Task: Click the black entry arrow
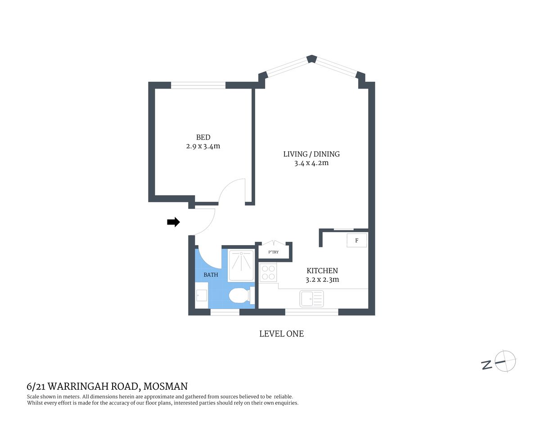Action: coord(173,222)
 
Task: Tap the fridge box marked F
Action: coord(357,240)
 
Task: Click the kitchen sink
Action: coord(311,298)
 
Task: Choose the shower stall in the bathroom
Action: coord(242,265)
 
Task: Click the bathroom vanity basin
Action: coord(201,295)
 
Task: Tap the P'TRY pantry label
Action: coord(274,252)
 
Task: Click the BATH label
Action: coord(211,274)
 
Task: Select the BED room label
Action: coord(203,137)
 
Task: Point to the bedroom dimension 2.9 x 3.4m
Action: coord(203,146)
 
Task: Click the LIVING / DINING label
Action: coord(311,154)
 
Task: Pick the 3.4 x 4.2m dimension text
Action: coord(311,163)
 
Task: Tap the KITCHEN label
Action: coord(322,270)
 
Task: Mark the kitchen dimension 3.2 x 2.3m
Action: coord(322,279)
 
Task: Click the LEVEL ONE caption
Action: coord(281,333)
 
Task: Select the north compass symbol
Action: coord(505,361)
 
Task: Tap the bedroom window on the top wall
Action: coord(198,85)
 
